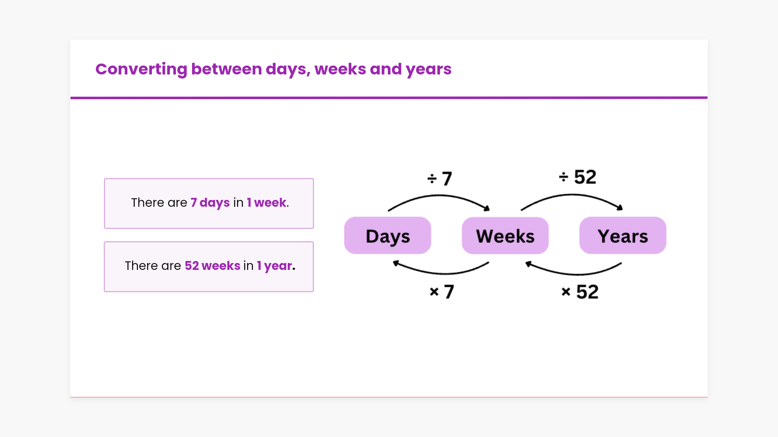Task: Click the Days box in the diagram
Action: [x=387, y=235]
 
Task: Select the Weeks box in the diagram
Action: [x=505, y=235]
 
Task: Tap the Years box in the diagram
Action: [x=623, y=235]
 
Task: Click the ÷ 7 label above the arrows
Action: [x=440, y=178]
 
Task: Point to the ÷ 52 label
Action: [x=577, y=177]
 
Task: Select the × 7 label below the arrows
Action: [x=442, y=291]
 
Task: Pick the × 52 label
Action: [x=580, y=292]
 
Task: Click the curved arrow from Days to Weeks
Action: [x=439, y=196]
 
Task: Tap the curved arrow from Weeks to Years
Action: [x=572, y=195]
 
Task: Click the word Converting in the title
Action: [x=141, y=70]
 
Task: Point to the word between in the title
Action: [x=227, y=69]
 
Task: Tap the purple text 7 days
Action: [x=210, y=203]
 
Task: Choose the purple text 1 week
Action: [x=267, y=202]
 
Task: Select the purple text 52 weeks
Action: [x=212, y=265]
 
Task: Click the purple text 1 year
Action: [x=274, y=266]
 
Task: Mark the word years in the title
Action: [x=429, y=70]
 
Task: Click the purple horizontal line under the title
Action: [x=389, y=98]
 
